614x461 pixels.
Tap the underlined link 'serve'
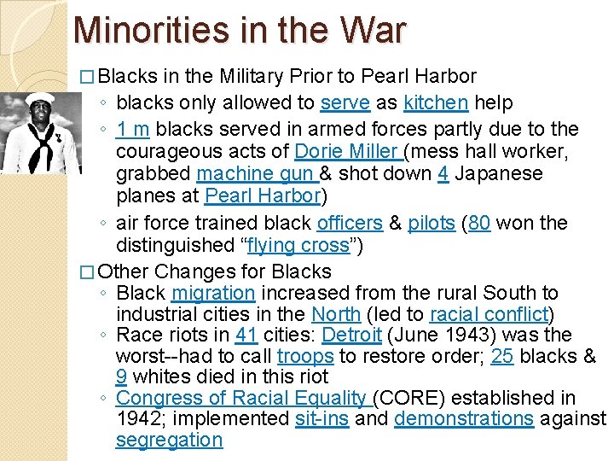345,103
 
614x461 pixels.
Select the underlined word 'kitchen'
436,103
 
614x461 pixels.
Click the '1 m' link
133,130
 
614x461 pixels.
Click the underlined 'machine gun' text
257,173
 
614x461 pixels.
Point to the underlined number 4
443,173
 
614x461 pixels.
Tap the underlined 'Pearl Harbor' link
261,195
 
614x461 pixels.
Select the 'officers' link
349,224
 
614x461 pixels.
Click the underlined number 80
479,224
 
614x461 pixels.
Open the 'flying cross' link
298,246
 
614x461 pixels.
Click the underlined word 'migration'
213,294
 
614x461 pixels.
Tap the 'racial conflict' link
489,314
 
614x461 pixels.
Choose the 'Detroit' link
352,335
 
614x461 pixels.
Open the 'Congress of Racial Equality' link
241,398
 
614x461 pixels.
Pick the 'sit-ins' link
321,419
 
